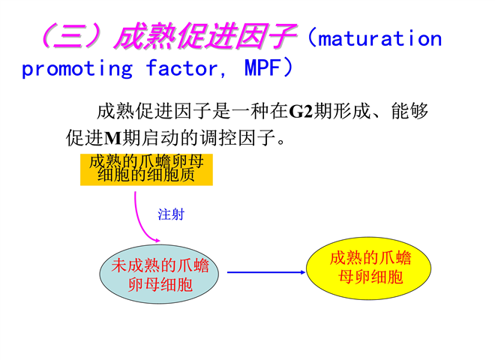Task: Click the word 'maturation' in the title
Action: [x=379, y=39]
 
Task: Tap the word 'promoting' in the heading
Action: [x=77, y=68]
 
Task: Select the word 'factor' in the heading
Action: [x=181, y=67]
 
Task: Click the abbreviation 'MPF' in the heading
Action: [x=262, y=67]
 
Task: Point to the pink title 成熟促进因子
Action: [x=205, y=36]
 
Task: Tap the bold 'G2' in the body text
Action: [x=301, y=112]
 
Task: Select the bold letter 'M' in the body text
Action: [x=112, y=138]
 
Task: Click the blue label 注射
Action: [x=171, y=214]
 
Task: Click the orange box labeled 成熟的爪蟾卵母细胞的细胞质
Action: [x=146, y=169]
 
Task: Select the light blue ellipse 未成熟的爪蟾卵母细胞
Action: [x=159, y=274]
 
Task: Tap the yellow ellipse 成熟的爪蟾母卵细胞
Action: [x=369, y=268]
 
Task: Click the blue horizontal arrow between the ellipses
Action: [x=266, y=272]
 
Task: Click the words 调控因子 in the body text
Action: [x=238, y=138]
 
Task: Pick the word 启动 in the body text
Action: [x=160, y=138]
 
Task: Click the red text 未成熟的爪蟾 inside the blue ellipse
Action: [x=160, y=265]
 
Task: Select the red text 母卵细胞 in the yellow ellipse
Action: [x=370, y=277]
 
